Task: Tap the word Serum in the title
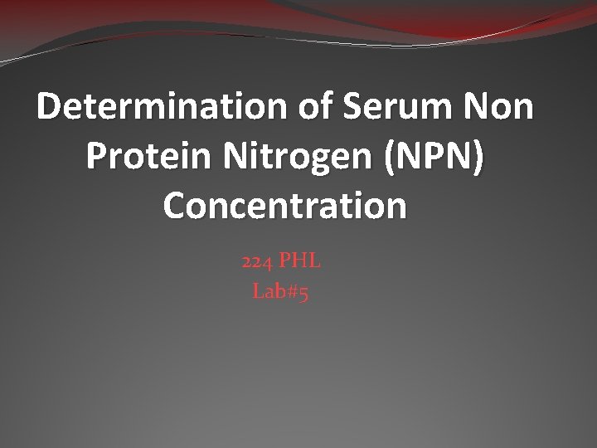point(409,108)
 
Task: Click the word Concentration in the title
point(286,205)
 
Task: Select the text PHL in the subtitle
point(300,262)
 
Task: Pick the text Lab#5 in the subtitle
point(280,292)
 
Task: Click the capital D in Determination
point(51,108)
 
